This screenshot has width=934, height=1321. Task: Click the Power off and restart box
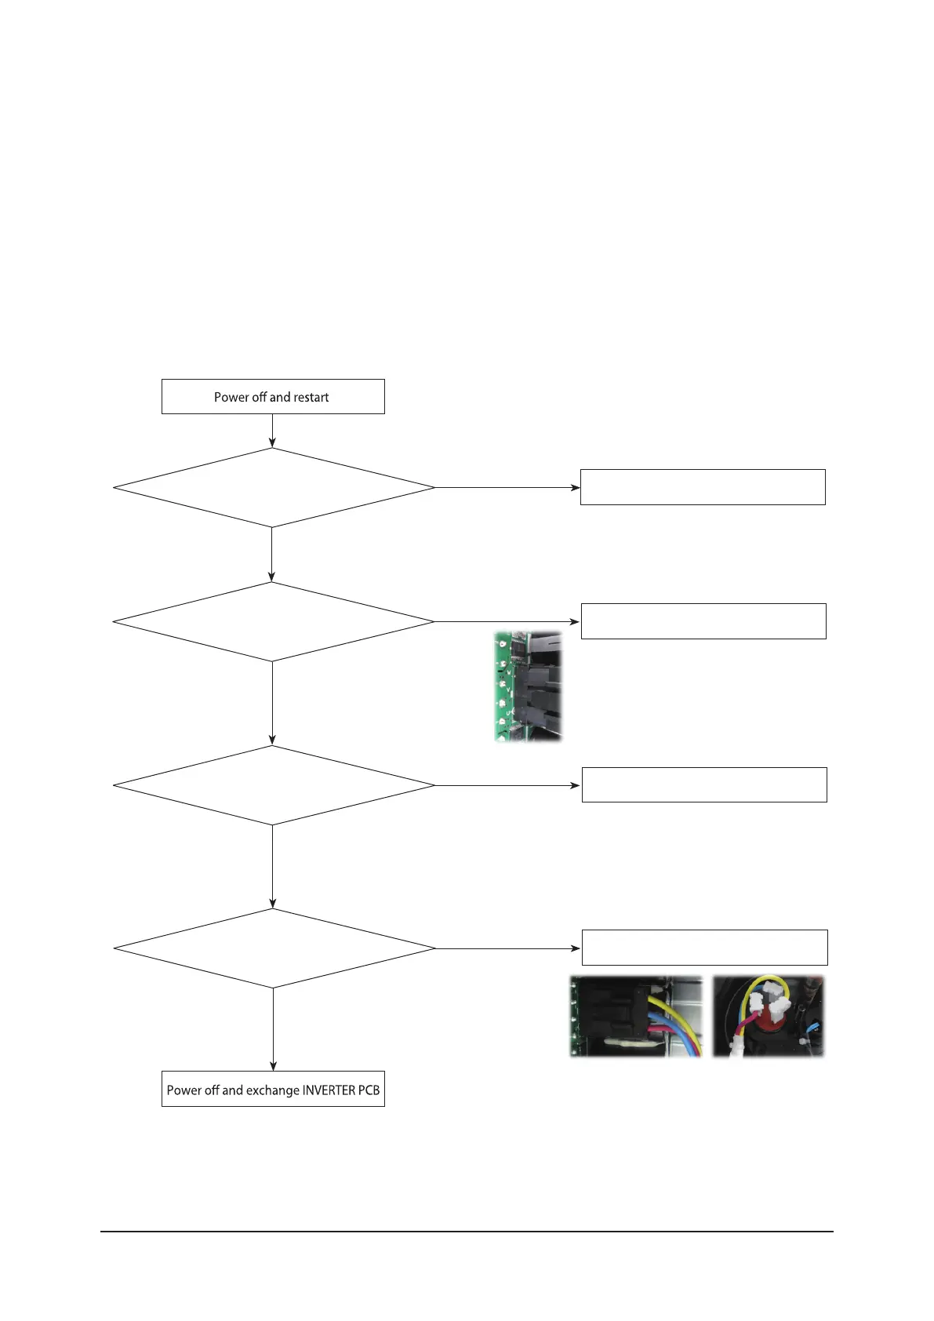click(x=273, y=397)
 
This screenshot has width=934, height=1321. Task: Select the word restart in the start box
click(x=311, y=398)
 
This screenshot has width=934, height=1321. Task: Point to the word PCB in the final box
click(x=369, y=1090)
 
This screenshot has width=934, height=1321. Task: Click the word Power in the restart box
click(x=231, y=398)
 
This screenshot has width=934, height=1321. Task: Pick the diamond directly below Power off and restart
click(x=273, y=488)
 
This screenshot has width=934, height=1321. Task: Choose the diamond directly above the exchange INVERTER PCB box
click(x=274, y=948)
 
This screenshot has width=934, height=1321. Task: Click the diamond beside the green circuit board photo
click(x=273, y=621)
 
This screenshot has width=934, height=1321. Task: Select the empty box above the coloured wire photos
click(x=704, y=948)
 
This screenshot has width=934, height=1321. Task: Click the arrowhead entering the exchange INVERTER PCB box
click(x=273, y=1066)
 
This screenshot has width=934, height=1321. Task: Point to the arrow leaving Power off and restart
click(x=272, y=431)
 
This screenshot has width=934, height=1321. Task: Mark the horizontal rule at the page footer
click(x=467, y=1232)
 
